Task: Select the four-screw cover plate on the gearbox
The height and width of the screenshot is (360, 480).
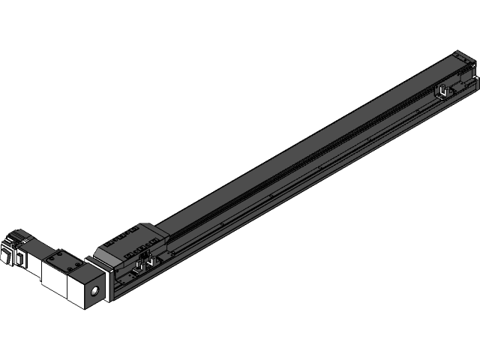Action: [64, 263]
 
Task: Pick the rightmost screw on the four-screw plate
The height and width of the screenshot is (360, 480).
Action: [77, 268]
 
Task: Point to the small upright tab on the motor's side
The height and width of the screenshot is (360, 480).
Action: [19, 259]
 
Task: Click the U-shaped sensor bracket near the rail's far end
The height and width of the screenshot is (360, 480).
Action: [442, 93]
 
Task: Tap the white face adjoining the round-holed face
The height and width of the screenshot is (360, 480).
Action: [76, 288]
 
